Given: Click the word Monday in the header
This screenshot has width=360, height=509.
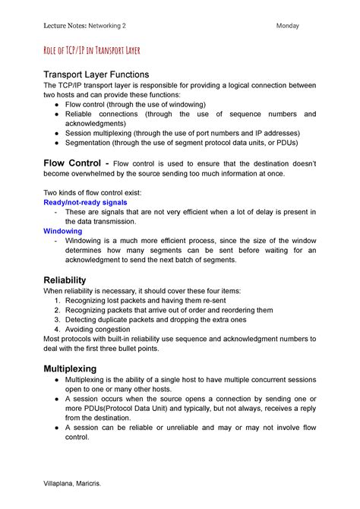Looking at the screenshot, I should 288,26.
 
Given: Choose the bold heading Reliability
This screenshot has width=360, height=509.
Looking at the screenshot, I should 65,280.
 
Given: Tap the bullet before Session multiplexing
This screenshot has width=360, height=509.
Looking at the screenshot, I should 58,133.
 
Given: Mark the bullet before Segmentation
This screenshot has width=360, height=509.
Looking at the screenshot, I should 58,143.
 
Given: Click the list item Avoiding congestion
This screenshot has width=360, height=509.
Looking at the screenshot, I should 99,330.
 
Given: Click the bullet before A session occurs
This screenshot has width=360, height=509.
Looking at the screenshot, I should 58,398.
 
